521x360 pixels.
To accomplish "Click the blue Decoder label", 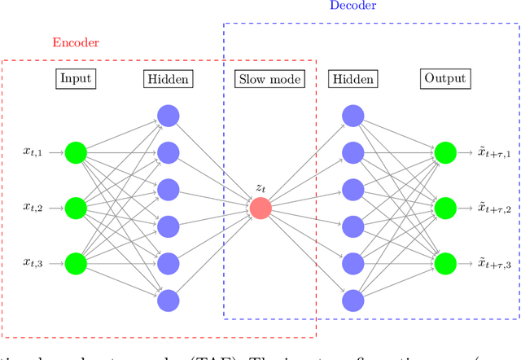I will [x=352, y=6].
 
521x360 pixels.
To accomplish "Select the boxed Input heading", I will [x=75, y=79].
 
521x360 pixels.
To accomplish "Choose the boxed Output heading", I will [x=445, y=79].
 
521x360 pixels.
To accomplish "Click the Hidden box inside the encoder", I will [x=168, y=79].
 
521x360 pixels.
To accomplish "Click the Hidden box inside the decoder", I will [x=352, y=79].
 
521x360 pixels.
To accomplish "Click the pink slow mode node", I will [x=260, y=209].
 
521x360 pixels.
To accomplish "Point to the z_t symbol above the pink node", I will [x=260, y=187].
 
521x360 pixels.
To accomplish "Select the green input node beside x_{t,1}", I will [x=76, y=152].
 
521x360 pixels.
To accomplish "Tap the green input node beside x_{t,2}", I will [x=76, y=209].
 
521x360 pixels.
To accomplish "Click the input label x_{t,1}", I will [x=36, y=152].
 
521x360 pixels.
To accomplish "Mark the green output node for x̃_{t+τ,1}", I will [x=445, y=152].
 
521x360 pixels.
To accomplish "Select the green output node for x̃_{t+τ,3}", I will [x=445, y=264].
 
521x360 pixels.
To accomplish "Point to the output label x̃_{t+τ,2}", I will [x=495, y=209].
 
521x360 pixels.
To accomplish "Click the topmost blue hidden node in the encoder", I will [x=168, y=116].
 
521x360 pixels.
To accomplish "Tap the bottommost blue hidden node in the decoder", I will [x=352, y=301].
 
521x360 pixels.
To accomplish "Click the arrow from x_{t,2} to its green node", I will [x=56, y=209].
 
